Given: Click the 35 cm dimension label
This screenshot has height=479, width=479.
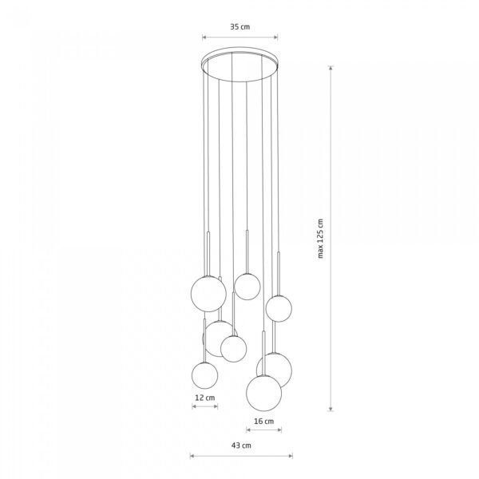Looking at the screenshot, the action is (x=239, y=27).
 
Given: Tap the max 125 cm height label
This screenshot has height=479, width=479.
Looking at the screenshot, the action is (x=320, y=239).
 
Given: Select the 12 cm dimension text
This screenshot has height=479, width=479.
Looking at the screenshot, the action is (x=204, y=398).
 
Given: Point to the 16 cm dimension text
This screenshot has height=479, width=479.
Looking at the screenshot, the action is (x=264, y=422).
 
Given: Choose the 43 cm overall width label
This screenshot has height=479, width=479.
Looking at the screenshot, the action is (x=241, y=445).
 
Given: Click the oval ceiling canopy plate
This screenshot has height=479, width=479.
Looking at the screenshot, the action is (x=239, y=65).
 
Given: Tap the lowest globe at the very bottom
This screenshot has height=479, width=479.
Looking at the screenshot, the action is (x=264, y=393).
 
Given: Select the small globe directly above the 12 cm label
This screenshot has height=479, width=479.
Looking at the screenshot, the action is (x=204, y=375).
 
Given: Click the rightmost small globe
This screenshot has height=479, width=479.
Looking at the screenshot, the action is (x=279, y=308).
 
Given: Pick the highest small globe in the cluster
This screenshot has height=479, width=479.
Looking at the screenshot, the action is (x=247, y=287).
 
